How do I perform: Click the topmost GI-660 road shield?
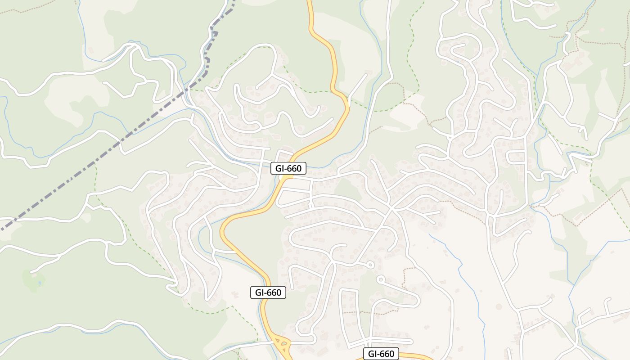tap(288, 169)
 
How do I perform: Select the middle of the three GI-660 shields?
tap(268, 292)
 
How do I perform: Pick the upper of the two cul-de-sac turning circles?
tap(370, 265)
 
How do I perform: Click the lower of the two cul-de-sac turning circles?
tap(380, 279)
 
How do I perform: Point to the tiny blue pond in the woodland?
tap(40, 283)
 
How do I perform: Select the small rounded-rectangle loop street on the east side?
tap(516, 157)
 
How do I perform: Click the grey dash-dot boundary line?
tap(112, 146)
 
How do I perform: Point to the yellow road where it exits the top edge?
tap(310, 2)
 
